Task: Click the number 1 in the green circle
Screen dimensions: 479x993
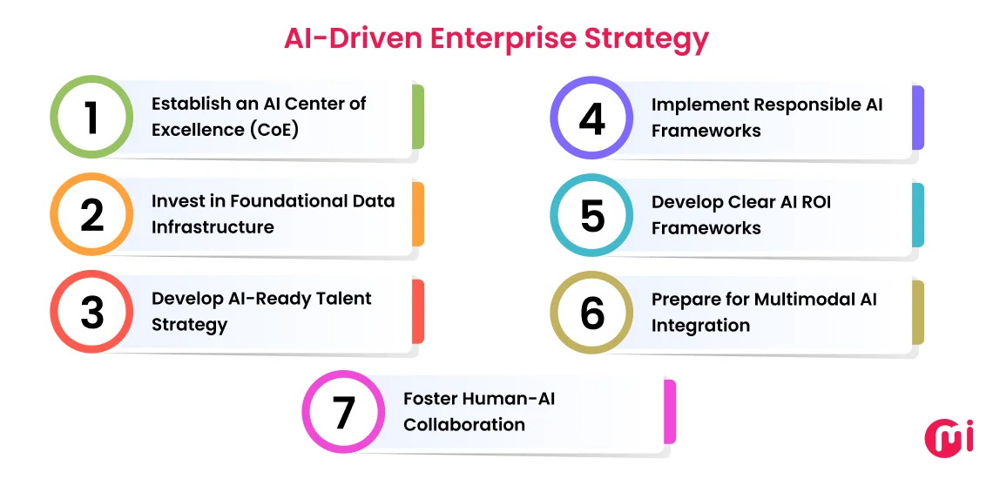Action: (91, 118)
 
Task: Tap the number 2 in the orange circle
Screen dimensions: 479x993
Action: (91, 215)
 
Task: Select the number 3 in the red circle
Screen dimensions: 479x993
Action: (91, 313)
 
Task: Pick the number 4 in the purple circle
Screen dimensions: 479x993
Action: (592, 118)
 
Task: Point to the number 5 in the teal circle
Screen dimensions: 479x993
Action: (592, 215)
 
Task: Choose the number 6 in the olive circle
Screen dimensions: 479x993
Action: (592, 313)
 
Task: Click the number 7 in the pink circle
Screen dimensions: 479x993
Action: (344, 412)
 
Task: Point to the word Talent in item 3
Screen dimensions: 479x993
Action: (341, 299)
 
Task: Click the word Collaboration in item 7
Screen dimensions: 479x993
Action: (463, 425)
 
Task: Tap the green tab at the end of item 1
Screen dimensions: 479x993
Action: (418, 117)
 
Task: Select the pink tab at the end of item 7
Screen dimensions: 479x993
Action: (670, 411)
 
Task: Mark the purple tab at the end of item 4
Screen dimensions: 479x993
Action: (918, 118)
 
